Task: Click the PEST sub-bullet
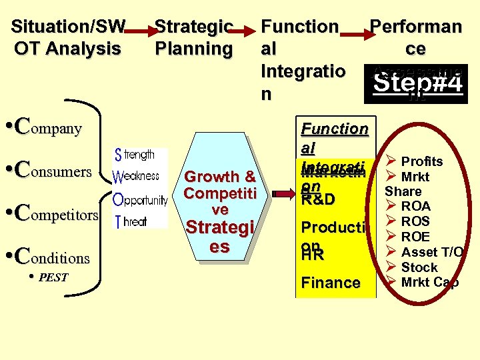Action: [53, 277]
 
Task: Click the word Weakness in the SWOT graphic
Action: [136, 176]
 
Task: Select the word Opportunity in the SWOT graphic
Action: [139, 199]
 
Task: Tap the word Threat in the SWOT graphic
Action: [131, 221]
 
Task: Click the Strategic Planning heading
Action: [193, 37]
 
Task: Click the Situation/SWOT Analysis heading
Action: [67, 37]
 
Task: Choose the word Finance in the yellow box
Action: [331, 283]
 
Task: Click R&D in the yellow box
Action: [318, 199]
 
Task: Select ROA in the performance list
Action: [415, 207]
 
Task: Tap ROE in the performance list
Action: [415, 237]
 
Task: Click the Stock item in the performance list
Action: [419, 267]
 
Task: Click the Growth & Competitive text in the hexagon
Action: [220, 193]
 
